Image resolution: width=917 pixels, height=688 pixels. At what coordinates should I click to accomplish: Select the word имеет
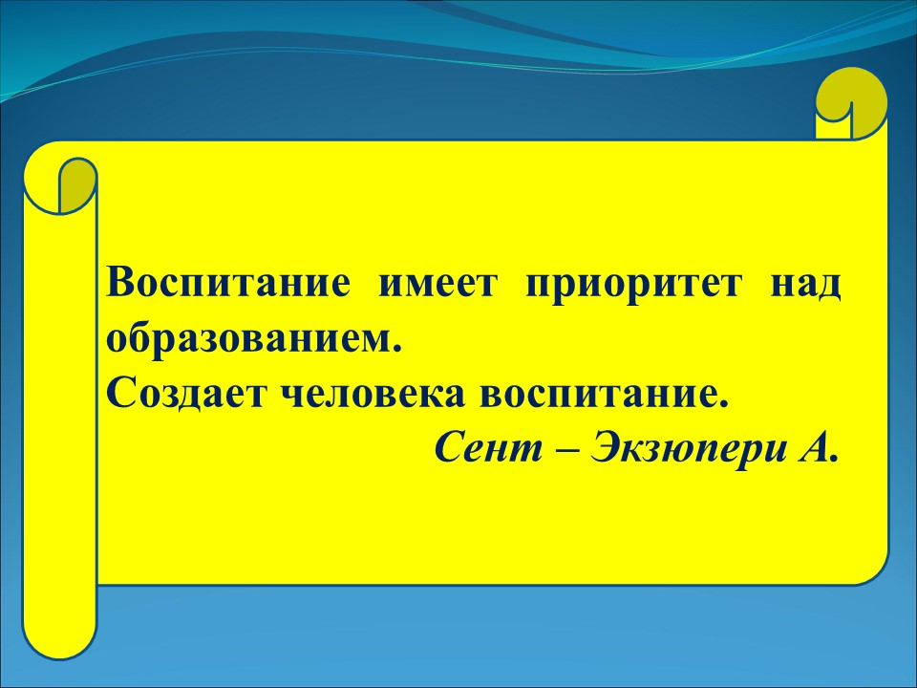(x=438, y=286)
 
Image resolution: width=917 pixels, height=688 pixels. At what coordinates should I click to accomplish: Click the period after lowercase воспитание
(x=725, y=405)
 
